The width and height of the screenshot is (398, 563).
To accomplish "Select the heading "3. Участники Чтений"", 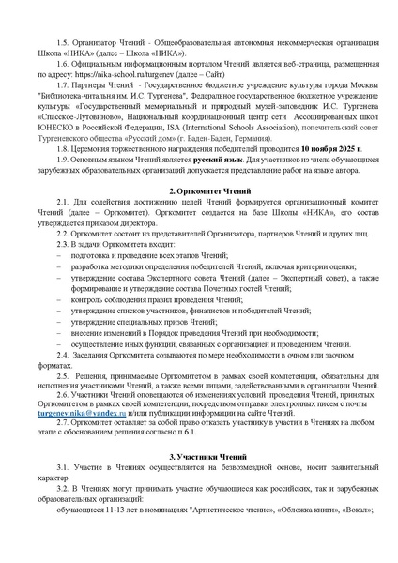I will pos(199,452).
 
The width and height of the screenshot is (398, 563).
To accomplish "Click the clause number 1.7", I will pos(62,83).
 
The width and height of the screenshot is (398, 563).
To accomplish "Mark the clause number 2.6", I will pos(62,401).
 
